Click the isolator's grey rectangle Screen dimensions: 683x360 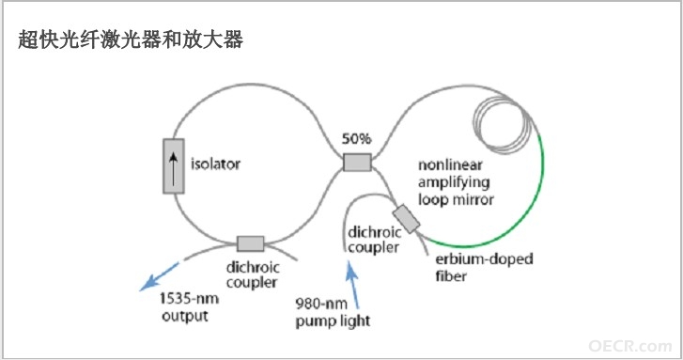174,166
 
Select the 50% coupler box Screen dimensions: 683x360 357,162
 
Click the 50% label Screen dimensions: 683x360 356,138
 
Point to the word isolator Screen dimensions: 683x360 215,164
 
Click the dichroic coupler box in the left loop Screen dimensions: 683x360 251,243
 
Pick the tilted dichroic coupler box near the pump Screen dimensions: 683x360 407,219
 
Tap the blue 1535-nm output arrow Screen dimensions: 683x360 159,276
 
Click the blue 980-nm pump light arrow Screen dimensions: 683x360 352,284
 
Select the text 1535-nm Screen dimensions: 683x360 189,299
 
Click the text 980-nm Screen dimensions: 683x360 321,303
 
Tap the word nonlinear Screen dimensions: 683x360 450,164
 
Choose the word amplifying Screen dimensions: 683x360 454,182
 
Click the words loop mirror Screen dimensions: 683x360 456,199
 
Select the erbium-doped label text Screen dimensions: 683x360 484,258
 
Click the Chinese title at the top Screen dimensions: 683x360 131,39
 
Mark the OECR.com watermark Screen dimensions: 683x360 629,346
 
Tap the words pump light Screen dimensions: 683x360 333,321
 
